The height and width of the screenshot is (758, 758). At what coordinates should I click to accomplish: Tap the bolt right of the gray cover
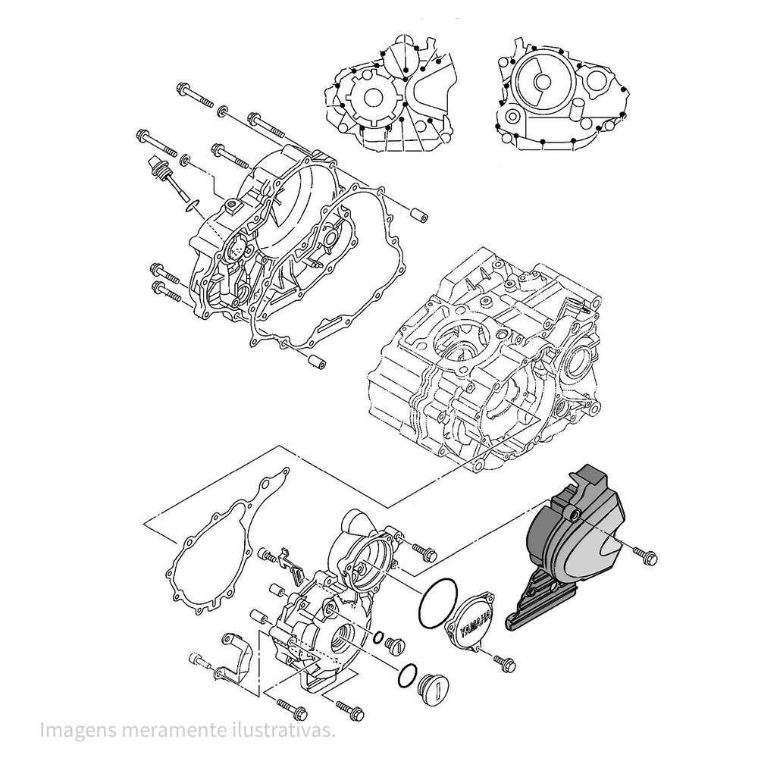[646, 557]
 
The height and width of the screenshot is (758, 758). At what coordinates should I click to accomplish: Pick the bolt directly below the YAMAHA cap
[502, 662]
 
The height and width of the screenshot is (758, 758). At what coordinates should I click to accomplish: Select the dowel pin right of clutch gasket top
[418, 214]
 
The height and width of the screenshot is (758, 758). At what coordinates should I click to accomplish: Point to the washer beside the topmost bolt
[223, 111]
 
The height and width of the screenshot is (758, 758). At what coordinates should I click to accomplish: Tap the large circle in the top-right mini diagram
[537, 84]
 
